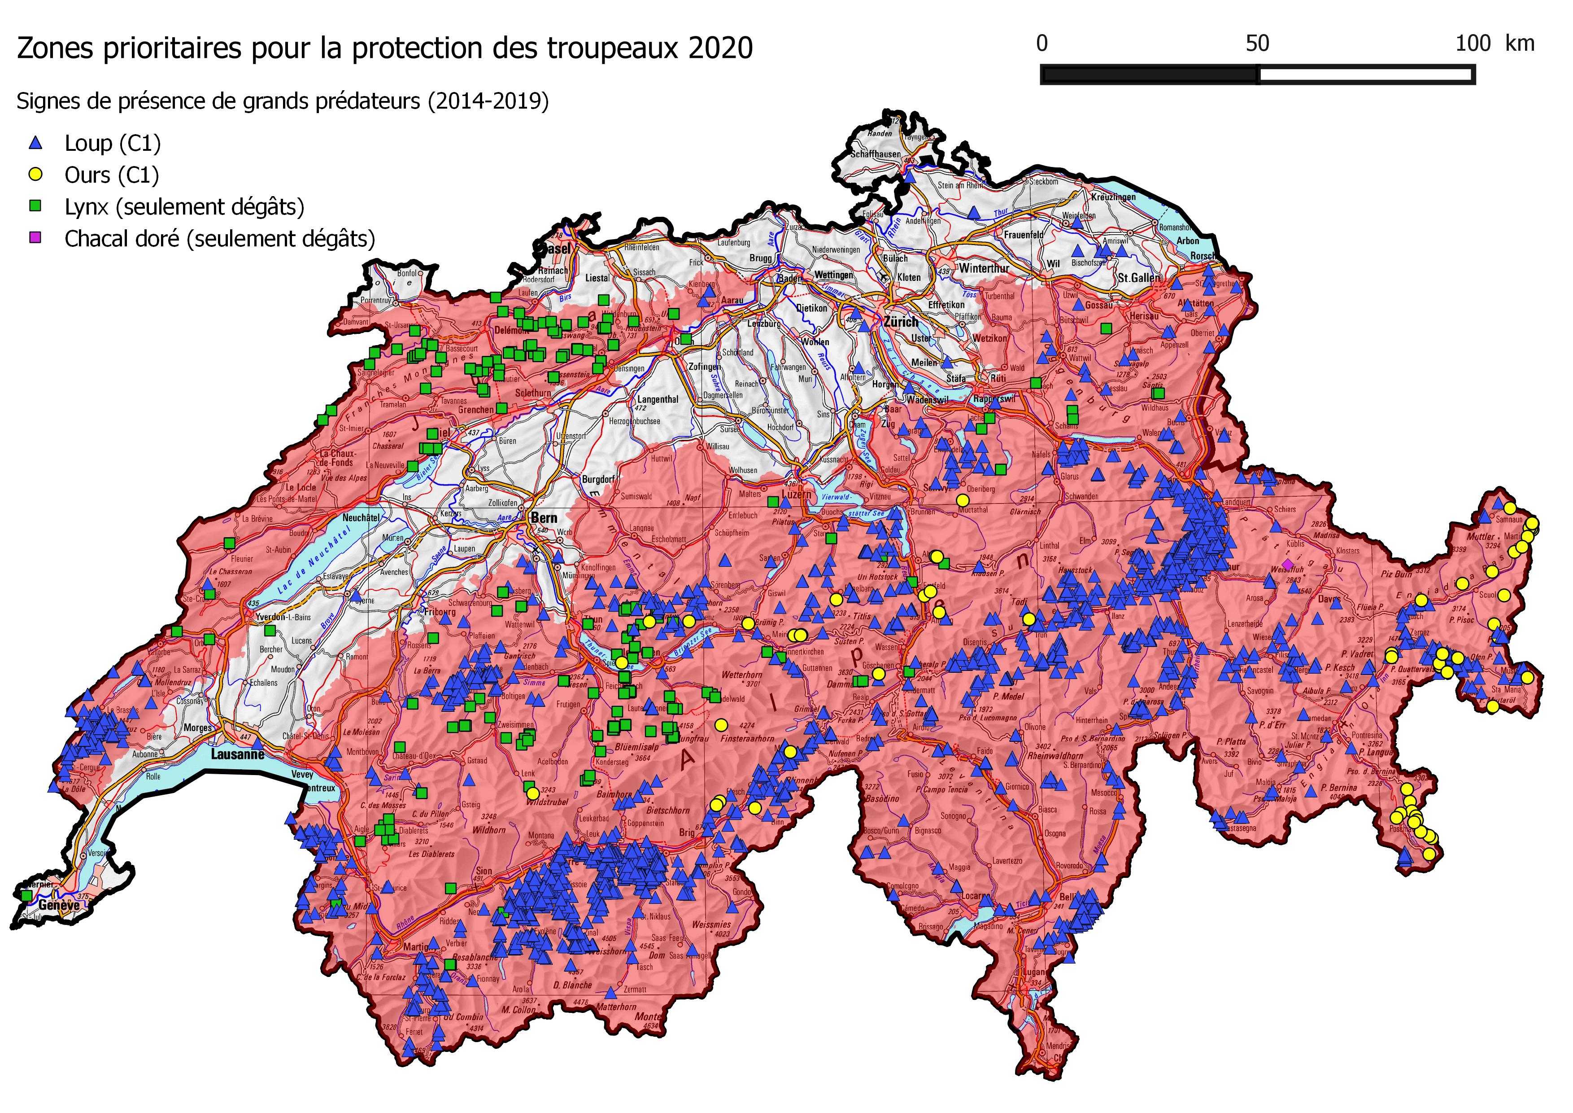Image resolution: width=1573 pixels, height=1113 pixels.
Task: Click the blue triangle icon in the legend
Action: [x=35, y=143]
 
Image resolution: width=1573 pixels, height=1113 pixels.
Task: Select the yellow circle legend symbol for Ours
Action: [x=35, y=175]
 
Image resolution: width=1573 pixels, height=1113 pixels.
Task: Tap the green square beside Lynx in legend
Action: [x=35, y=206]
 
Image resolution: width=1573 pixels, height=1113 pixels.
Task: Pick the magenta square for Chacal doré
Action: [x=35, y=238]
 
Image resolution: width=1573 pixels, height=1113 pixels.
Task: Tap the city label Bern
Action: [x=544, y=517]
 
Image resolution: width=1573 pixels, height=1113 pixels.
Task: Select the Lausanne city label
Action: [x=237, y=754]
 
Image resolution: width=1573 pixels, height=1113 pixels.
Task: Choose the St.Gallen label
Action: [x=1139, y=277]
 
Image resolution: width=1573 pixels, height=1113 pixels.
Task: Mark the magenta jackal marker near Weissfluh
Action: [x=1287, y=564]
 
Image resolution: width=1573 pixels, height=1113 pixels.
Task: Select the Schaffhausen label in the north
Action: [x=875, y=154]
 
